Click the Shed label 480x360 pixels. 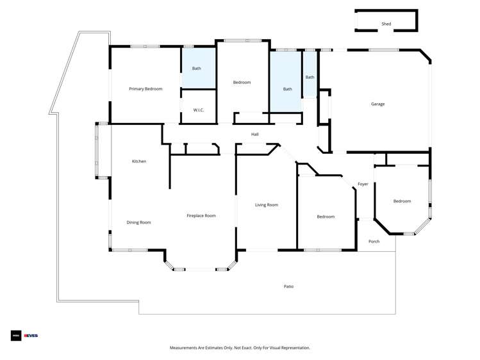pyautogui.click(x=386, y=24)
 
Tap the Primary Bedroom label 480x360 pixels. pyautogui.click(x=145, y=89)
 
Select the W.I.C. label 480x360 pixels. pyautogui.click(x=199, y=110)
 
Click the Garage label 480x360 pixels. pyautogui.click(x=377, y=104)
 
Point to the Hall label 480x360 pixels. pyautogui.click(x=254, y=135)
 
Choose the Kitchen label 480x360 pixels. pyautogui.click(x=139, y=161)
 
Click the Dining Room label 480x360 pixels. pyautogui.click(x=138, y=222)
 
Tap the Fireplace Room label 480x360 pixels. pyautogui.click(x=201, y=216)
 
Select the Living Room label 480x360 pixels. pyautogui.click(x=267, y=205)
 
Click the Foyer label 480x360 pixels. pyautogui.click(x=363, y=184)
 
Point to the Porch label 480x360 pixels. pyautogui.click(x=374, y=241)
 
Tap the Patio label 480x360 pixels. pyautogui.click(x=288, y=286)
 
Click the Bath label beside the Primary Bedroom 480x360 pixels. pyautogui.click(x=197, y=69)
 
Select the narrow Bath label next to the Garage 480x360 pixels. pyautogui.click(x=310, y=78)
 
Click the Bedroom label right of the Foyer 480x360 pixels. pyautogui.click(x=402, y=201)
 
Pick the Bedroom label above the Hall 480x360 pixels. pyautogui.click(x=242, y=82)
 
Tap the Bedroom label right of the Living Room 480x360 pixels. pyautogui.click(x=326, y=217)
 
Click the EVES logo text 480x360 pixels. pyautogui.click(x=31, y=335)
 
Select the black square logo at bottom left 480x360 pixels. pyautogui.click(x=15, y=335)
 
